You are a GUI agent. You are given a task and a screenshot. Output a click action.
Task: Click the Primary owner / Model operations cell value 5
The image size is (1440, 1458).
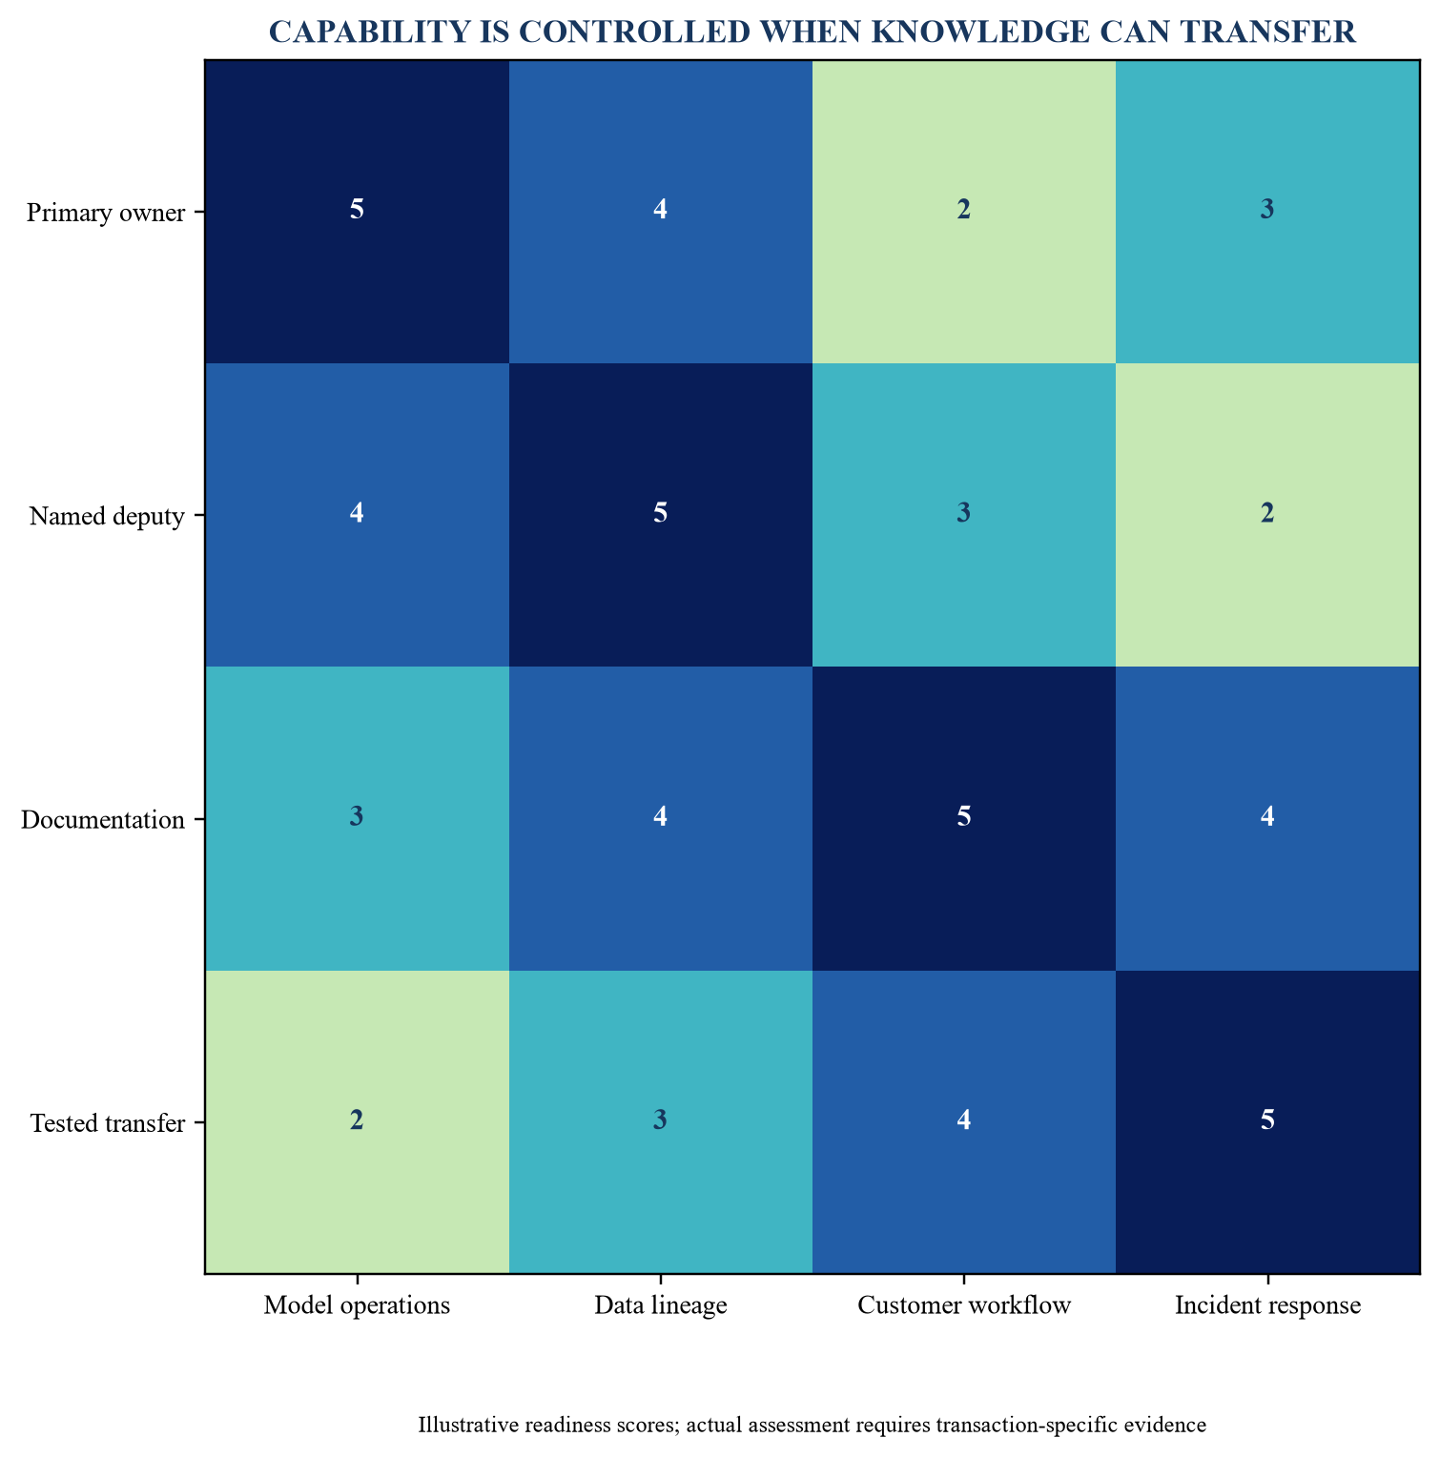(357, 211)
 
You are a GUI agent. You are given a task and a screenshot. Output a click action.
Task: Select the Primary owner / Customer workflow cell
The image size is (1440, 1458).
(964, 211)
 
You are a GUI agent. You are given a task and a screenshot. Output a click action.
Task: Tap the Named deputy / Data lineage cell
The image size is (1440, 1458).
(661, 514)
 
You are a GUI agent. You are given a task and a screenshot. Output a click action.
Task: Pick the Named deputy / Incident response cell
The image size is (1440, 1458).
(1267, 514)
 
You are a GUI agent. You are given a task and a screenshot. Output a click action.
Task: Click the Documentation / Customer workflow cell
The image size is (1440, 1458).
(964, 817)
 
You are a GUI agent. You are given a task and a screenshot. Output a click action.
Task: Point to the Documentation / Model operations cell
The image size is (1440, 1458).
(358, 817)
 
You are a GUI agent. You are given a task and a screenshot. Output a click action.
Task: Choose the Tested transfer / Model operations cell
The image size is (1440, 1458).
(358, 1120)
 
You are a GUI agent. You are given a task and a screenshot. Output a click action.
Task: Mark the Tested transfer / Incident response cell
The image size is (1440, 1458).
(1267, 1120)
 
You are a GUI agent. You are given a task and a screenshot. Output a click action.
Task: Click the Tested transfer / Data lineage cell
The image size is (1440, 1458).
(661, 1120)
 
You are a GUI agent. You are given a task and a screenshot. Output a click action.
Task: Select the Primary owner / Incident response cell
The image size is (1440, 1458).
(1267, 211)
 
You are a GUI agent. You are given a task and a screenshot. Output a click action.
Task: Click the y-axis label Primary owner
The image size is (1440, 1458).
(106, 212)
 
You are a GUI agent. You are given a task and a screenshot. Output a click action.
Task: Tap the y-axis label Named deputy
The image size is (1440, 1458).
(107, 516)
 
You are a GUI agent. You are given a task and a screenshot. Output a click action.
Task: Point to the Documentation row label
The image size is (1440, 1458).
(103, 819)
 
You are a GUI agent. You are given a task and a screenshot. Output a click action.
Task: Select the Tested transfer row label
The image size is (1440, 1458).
(108, 1122)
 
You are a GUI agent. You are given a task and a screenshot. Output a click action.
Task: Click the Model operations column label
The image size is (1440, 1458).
(358, 1305)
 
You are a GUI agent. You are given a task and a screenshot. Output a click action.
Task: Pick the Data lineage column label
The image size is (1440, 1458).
(661, 1305)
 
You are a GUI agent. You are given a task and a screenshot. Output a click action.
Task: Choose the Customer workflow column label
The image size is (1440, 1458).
(964, 1305)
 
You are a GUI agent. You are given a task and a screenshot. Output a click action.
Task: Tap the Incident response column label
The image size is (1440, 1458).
(1267, 1305)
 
